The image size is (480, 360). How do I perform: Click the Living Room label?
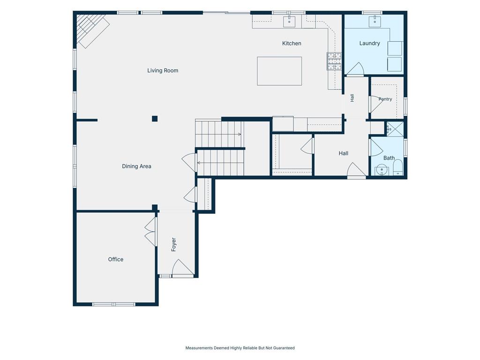(163, 70)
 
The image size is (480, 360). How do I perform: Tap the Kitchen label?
(292, 44)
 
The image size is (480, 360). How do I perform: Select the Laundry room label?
(369, 43)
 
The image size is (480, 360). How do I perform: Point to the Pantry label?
(385, 99)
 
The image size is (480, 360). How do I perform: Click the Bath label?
(389, 158)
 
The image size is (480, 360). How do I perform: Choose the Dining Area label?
(136, 166)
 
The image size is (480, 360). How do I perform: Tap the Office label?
(116, 259)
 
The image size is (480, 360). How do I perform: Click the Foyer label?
(173, 245)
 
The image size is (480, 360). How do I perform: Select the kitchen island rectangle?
(279, 71)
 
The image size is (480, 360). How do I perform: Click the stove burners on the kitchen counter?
(334, 61)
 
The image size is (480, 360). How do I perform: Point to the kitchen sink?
(289, 22)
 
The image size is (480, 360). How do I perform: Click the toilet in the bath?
(397, 168)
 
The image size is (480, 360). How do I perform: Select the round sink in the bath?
(382, 170)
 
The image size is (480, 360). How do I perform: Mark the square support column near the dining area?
(155, 119)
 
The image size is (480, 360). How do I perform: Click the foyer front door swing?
(183, 269)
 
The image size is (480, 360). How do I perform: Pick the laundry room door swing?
(356, 69)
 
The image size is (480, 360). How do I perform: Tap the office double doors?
(150, 232)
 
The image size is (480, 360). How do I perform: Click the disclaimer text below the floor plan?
(240, 348)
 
